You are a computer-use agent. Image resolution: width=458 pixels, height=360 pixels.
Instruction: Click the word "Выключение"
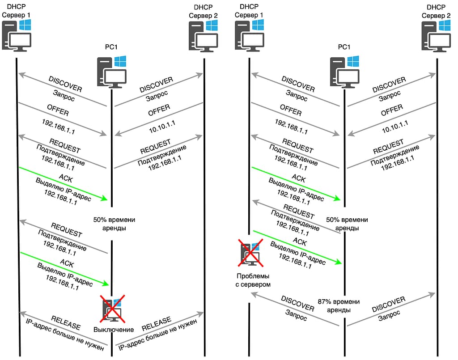pos(114,330)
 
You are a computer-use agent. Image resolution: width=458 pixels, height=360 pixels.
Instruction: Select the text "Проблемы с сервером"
pos(254,280)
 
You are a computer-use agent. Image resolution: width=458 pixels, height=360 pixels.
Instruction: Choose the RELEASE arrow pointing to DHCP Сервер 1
pos(63,329)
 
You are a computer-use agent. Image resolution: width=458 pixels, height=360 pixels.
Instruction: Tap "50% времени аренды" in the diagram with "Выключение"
pos(114,224)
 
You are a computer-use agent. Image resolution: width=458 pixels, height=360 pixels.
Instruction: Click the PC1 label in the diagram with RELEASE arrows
pos(111,47)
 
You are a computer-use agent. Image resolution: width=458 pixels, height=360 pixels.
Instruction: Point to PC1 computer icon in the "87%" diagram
pos(344,72)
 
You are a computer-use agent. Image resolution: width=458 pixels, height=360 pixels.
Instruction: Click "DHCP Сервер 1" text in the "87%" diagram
pos(250,11)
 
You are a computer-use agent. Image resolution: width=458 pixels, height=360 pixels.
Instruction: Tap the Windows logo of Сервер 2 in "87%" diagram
pos(445,25)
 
